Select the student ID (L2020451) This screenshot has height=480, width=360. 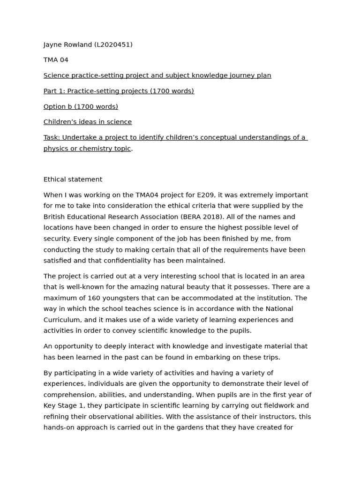(113, 45)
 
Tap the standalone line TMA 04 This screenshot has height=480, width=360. (56, 60)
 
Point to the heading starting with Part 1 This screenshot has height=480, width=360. (119, 91)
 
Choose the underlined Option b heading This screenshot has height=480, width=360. (81, 106)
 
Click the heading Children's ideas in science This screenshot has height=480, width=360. (88, 122)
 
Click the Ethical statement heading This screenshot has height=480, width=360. (73, 180)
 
